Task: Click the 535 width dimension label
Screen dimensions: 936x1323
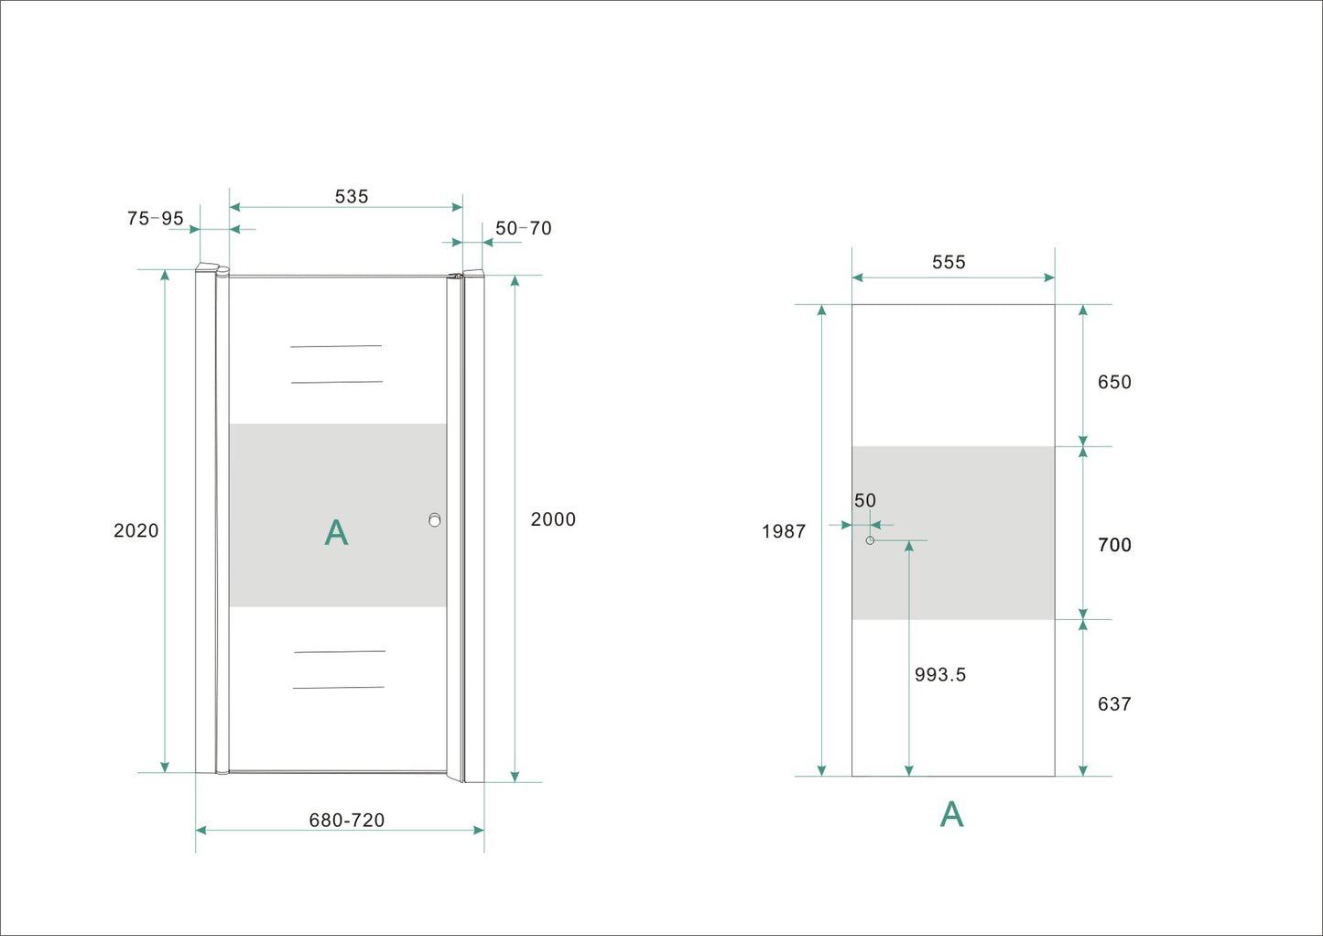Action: click(x=352, y=197)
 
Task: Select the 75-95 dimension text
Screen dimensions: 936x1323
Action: click(x=156, y=219)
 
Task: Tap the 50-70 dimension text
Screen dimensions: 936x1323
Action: click(x=524, y=228)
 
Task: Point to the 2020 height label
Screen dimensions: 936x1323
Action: click(x=136, y=531)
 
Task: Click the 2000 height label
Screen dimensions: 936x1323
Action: click(x=553, y=519)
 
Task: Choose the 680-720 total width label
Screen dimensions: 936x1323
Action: click(x=347, y=821)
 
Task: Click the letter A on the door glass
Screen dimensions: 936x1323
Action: click(x=337, y=533)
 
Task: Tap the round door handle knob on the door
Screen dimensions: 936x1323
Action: click(x=435, y=520)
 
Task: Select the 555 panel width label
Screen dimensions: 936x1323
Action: click(x=949, y=263)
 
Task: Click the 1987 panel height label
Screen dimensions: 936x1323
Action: click(x=784, y=532)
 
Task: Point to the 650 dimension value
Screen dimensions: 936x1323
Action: click(x=1114, y=383)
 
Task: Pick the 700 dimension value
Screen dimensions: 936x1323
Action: click(x=1114, y=546)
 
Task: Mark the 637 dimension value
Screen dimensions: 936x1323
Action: click(x=1114, y=704)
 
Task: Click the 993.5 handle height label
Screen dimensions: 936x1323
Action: click(x=940, y=675)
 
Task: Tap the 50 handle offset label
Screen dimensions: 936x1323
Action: click(x=865, y=501)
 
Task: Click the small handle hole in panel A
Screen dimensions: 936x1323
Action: click(x=870, y=540)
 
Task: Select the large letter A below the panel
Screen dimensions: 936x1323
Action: click(x=952, y=814)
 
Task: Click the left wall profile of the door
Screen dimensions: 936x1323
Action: click(x=206, y=522)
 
